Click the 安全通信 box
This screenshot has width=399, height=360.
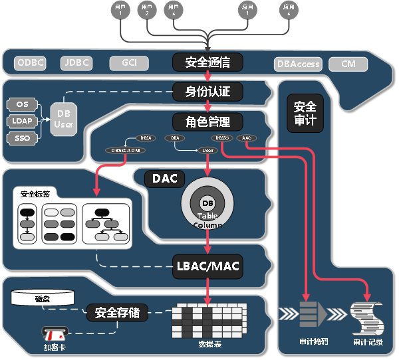click(207, 62)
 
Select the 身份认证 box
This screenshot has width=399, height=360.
click(207, 92)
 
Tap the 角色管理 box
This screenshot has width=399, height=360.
click(207, 122)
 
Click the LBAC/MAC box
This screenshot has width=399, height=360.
click(207, 266)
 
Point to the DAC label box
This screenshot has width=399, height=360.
click(164, 179)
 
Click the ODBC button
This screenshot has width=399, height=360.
click(31, 64)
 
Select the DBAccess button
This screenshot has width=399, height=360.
click(298, 64)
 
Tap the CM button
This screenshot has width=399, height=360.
click(348, 64)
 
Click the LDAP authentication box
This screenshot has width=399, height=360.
click(22, 121)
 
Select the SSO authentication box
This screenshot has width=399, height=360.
click(22, 138)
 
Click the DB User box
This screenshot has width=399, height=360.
click(64, 119)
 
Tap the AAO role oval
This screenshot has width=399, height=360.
click(246, 138)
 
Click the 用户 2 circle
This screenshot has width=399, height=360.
click(146, 10)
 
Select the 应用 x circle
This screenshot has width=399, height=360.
click(289, 10)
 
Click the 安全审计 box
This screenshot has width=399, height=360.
click(305, 114)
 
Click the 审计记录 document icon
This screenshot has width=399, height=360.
click(367, 319)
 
